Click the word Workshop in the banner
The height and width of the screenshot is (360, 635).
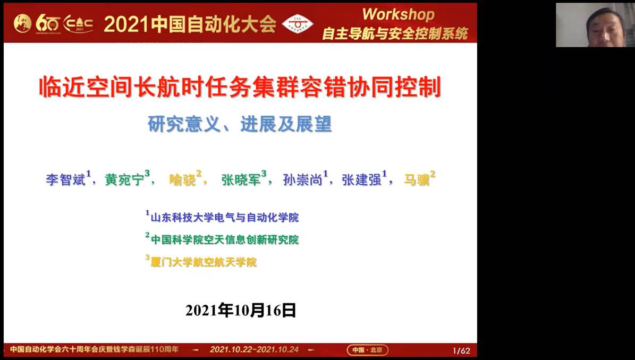point(399,14)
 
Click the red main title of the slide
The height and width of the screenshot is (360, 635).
point(240,88)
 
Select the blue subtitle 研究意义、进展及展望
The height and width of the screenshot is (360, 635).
point(240,124)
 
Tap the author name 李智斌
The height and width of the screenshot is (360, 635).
point(65,179)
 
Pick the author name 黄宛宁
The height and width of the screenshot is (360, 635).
point(125,179)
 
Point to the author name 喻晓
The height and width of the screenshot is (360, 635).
point(183,179)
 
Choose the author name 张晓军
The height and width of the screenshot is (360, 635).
point(241,179)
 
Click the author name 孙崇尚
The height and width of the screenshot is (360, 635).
point(302,179)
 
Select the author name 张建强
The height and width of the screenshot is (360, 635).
point(362,179)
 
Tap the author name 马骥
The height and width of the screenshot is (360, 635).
point(417,179)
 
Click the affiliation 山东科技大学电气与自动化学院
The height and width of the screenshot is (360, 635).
point(225,217)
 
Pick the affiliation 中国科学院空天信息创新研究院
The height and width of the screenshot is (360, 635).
point(225,239)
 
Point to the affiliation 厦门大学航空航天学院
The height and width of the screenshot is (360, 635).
point(204,262)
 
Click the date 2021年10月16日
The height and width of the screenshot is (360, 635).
point(241,311)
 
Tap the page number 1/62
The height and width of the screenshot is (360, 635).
point(461,350)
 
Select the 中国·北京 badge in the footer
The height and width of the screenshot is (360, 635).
point(367,350)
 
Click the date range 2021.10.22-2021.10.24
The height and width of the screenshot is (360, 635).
point(254,349)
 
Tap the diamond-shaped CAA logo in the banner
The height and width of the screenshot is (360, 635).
point(298,24)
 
